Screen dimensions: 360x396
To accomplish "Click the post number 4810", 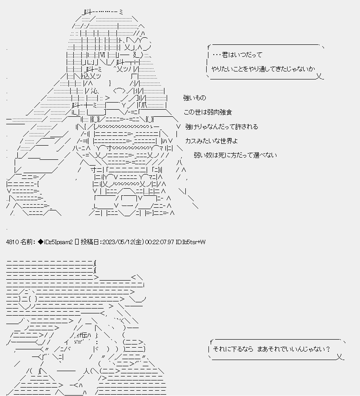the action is [12, 242].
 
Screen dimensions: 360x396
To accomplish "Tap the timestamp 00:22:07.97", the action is [160, 242].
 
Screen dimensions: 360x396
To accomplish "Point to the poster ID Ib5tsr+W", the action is [191, 242].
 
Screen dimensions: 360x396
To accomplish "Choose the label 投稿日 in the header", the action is [91, 242].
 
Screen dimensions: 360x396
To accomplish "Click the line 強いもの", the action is [194, 98].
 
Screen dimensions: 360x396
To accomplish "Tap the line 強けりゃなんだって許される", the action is [221, 127].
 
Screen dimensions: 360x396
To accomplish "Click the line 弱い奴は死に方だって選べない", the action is [235, 155].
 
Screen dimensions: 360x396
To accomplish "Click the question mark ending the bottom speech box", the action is [328, 349].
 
